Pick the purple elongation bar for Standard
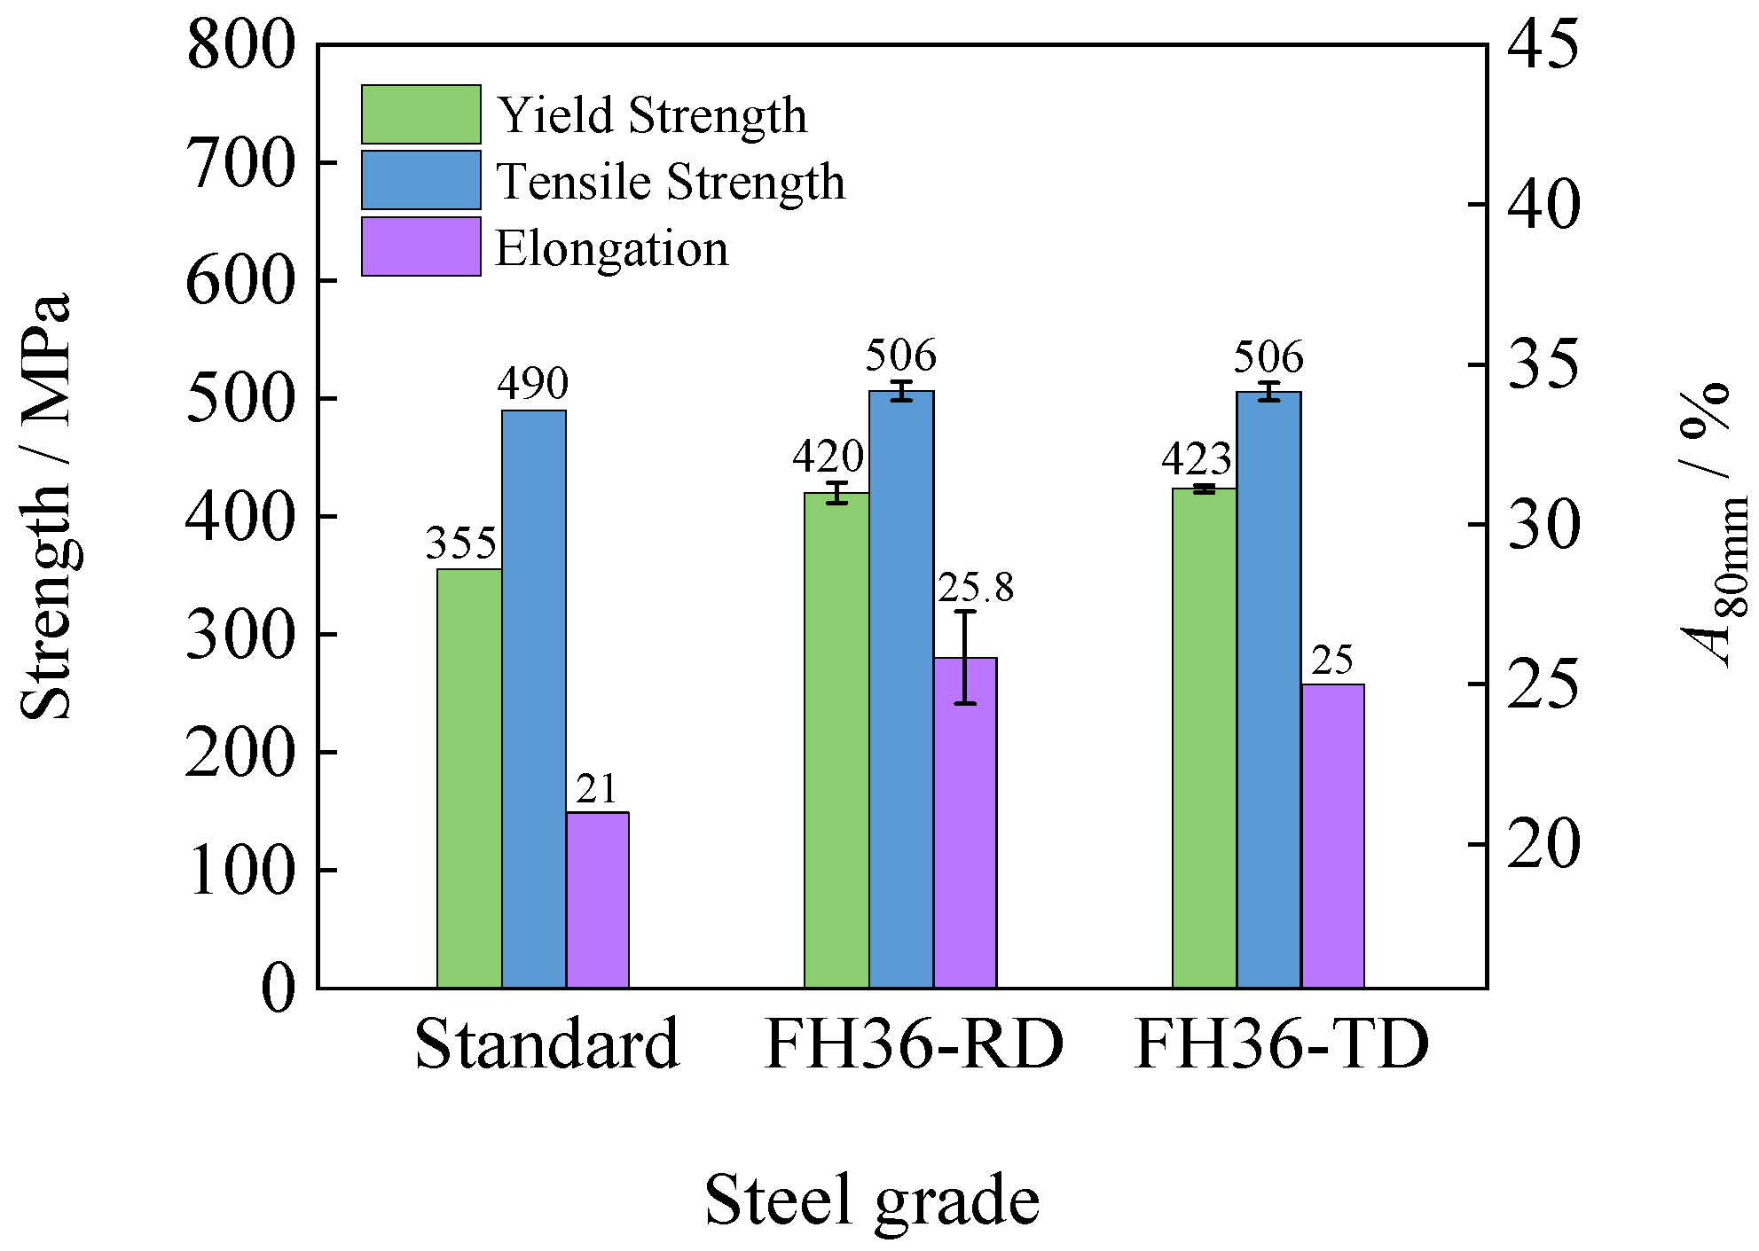pos(597,899)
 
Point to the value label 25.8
pos(975,588)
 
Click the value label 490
pos(532,384)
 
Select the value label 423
pos(1197,459)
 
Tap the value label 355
pos(461,543)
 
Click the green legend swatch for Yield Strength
pos(420,114)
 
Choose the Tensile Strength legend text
pos(670,182)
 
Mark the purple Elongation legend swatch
pos(420,246)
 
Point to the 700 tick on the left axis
pos(240,163)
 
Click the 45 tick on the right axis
pos(1543,44)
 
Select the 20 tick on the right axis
pos(1543,844)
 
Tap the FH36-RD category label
pos(914,1044)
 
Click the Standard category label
pos(546,1044)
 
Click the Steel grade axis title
pos(872,1200)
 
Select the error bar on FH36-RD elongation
pos(965,656)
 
